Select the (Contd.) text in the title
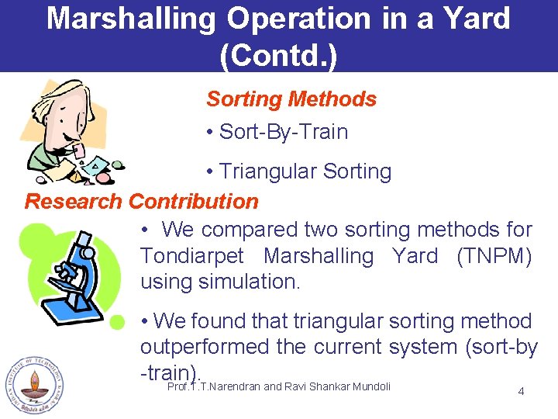click(279, 54)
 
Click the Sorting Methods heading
click(291, 99)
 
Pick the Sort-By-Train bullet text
click(283, 132)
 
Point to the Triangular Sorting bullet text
click(305, 171)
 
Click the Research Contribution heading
click(142, 202)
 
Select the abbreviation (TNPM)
click(494, 256)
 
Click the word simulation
click(248, 282)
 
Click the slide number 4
click(521, 391)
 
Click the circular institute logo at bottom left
click(33, 386)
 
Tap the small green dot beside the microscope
click(117, 321)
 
